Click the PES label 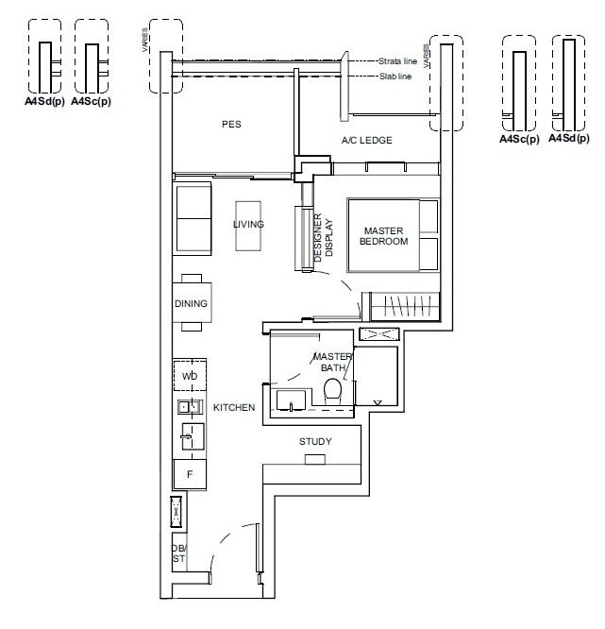[x=231, y=125]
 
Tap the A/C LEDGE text [x=367, y=141]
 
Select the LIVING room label [x=248, y=224]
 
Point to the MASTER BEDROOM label [x=384, y=236]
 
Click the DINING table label [x=191, y=303]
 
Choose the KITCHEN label [x=234, y=408]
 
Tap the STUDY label [x=315, y=442]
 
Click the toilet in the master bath [x=332, y=391]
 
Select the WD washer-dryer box [x=190, y=376]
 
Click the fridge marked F [x=190, y=474]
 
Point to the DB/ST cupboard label [x=179, y=553]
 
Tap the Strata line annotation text [x=397, y=61]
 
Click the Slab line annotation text [x=395, y=76]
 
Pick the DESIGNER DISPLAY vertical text [x=323, y=237]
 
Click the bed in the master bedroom [x=394, y=235]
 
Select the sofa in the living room [x=192, y=218]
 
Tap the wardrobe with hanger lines [x=405, y=307]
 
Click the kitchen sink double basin [x=190, y=407]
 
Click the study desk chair [x=315, y=459]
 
